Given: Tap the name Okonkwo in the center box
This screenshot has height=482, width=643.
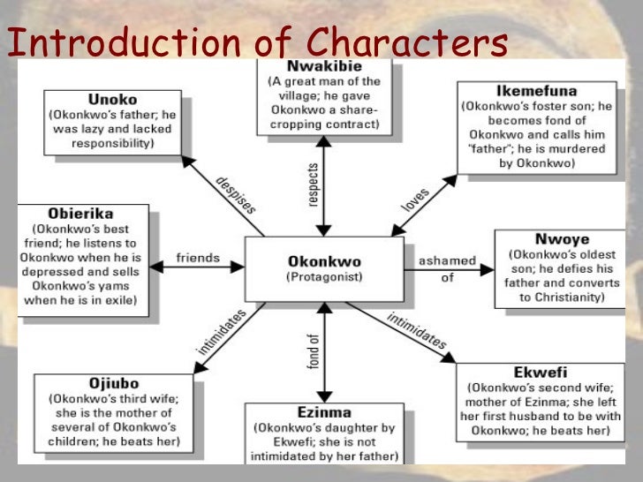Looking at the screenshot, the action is coord(324,262).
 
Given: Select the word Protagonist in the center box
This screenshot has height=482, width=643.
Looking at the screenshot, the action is coord(324,277).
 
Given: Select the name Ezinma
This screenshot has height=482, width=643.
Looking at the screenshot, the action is coord(324,412).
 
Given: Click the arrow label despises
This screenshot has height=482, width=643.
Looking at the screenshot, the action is coord(236,193).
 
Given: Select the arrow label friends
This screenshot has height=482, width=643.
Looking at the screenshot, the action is coord(198,259).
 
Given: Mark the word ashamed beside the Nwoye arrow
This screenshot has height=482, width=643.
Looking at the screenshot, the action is coord(449,260).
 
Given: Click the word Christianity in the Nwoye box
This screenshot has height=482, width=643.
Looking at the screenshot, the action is coord(570,297).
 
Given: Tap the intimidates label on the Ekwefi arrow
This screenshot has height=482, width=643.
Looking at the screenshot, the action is coord(418,330).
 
